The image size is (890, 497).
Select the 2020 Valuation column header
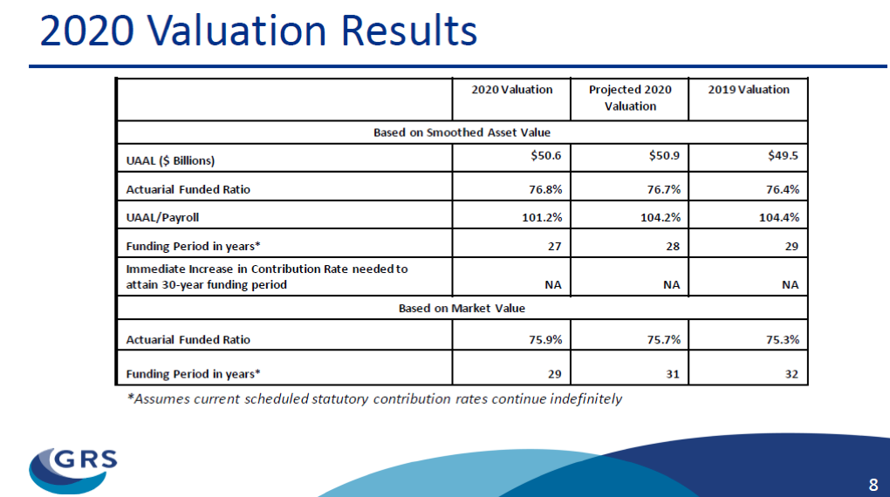coord(512,90)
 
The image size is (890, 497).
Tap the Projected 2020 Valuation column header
coord(630,98)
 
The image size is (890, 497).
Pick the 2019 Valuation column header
coord(749,90)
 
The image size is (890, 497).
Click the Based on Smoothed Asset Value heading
coord(462,133)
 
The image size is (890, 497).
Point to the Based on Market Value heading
coord(462,308)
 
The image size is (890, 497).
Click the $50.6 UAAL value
coord(546,155)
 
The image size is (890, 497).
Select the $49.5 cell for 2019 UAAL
coord(783,155)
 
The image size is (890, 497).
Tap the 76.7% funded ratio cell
coord(663,189)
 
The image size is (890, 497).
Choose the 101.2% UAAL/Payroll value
coord(542,217)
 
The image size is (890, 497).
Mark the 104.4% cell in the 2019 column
coord(778,217)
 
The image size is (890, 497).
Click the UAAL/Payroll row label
coord(162,217)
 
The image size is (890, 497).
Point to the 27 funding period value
coord(555,246)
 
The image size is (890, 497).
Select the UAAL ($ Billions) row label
coord(170,160)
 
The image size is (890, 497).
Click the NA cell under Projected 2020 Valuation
coord(672,285)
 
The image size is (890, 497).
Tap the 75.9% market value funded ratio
coord(545,340)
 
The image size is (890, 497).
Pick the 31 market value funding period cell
coord(673,374)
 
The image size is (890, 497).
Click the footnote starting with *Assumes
coord(374,398)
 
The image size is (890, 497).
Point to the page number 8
coord(873,485)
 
